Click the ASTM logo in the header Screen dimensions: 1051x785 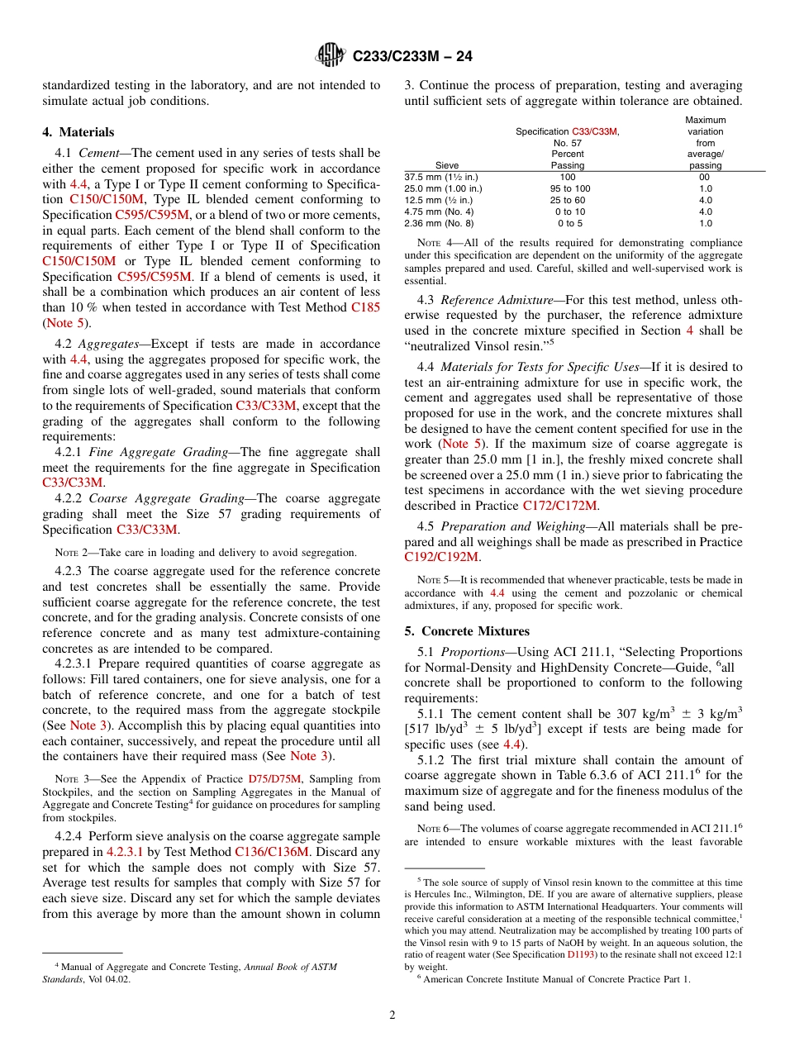click(331, 55)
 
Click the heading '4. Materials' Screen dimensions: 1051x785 click(78, 132)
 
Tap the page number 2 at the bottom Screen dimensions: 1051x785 click(392, 1015)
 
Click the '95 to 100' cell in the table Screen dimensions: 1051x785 click(568, 188)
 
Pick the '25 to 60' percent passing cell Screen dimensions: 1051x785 click(568, 200)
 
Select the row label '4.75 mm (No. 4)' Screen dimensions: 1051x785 click(440, 212)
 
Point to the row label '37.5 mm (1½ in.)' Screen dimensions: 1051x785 click(441, 177)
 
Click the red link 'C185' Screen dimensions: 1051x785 click(365, 307)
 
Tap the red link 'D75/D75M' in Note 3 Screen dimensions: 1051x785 click(274, 778)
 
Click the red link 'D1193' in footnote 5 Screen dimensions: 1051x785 click(578, 954)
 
